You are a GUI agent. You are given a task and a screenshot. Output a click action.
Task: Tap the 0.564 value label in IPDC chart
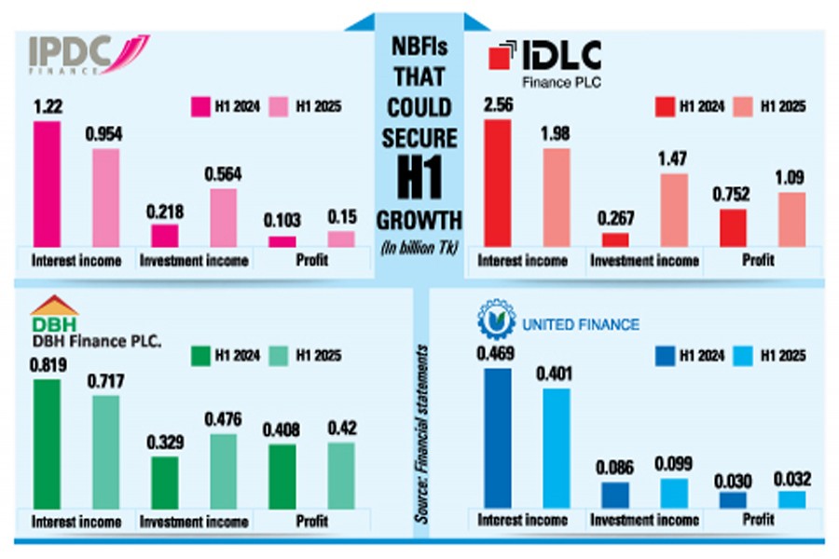pyautogui.click(x=224, y=174)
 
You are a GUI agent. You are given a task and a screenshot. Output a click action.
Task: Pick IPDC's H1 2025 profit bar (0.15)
pyautogui.click(x=341, y=239)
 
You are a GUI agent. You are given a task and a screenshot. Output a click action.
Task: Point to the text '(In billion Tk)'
pyautogui.click(x=419, y=246)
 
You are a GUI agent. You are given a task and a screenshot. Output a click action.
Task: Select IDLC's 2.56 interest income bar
pyautogui.click(x=498, y=183)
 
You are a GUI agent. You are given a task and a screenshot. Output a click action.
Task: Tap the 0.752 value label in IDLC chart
pyautogui.click(x=734, y=196)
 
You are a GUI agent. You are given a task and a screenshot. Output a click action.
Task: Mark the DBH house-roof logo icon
pyautogui.click(x=53, y=307)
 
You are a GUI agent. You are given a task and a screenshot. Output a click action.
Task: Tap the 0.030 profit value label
pyautogui.click(x=734, y=481)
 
